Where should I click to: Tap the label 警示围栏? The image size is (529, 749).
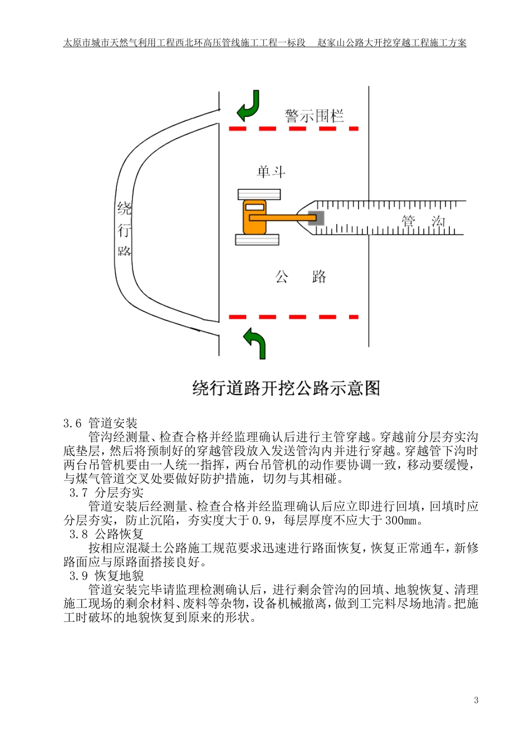click(314, 116)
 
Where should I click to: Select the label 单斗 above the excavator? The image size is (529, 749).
click(271, 172)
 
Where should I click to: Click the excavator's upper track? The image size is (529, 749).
click(259, 194)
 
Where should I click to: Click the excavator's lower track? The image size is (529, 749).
click(257, 240)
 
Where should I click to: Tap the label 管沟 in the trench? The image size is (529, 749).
click(423, 222)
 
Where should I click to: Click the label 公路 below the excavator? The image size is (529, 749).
click(300, 277)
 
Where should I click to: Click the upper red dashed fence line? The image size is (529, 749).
click(293, 129)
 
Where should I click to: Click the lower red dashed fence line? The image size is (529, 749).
click(293, 317)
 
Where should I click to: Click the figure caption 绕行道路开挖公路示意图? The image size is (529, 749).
click(286, 388)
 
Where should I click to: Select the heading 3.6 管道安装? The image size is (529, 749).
click(100, 424)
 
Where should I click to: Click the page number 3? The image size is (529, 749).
click(476, 701)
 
